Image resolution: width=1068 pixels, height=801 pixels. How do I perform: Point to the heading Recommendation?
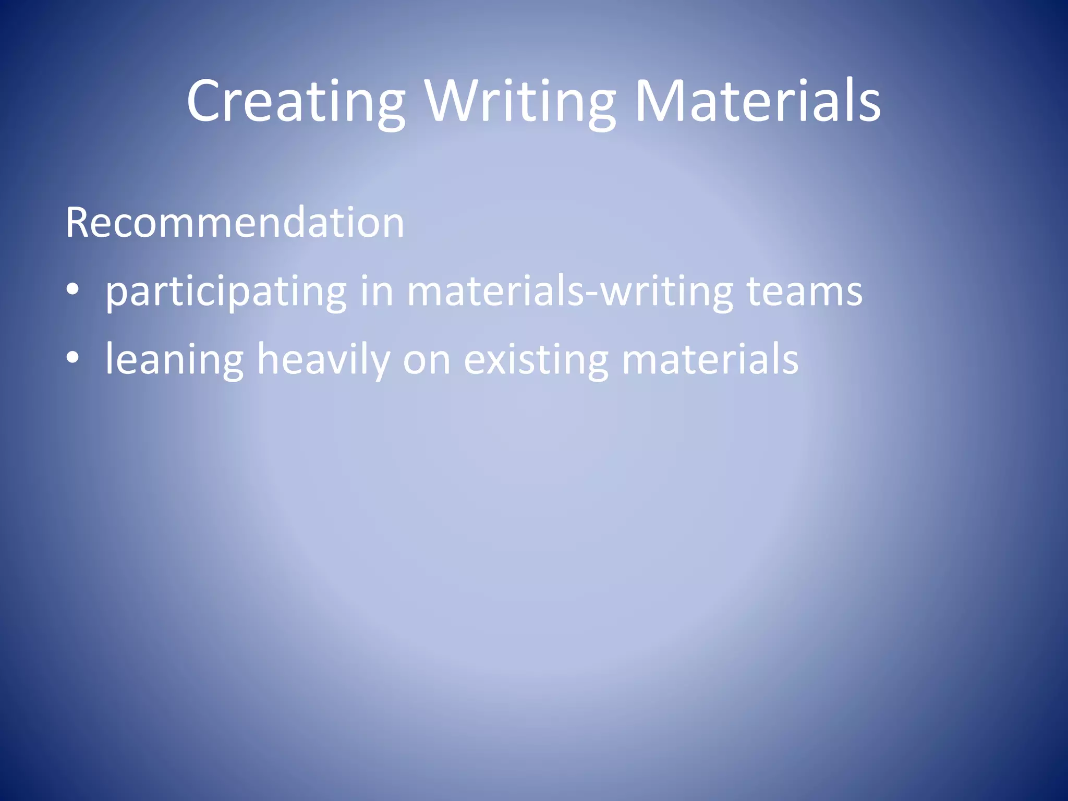click(x=235, y=223)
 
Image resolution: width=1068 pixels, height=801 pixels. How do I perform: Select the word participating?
click(x=226, y=292)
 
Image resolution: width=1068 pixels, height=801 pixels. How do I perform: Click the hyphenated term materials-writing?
click(x=570, y=292)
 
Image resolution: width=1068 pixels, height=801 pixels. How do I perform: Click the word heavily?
click(x=323, y=360)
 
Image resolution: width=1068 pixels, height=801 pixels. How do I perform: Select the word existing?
click(x=536, y=360)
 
